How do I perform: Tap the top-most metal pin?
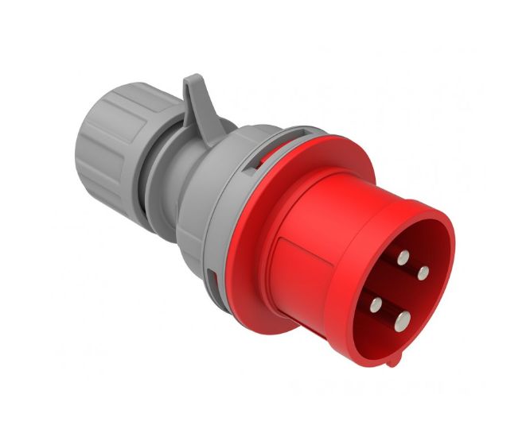tap(403, 257)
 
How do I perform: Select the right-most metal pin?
tap(423, 273)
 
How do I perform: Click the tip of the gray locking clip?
tap(191, 80)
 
